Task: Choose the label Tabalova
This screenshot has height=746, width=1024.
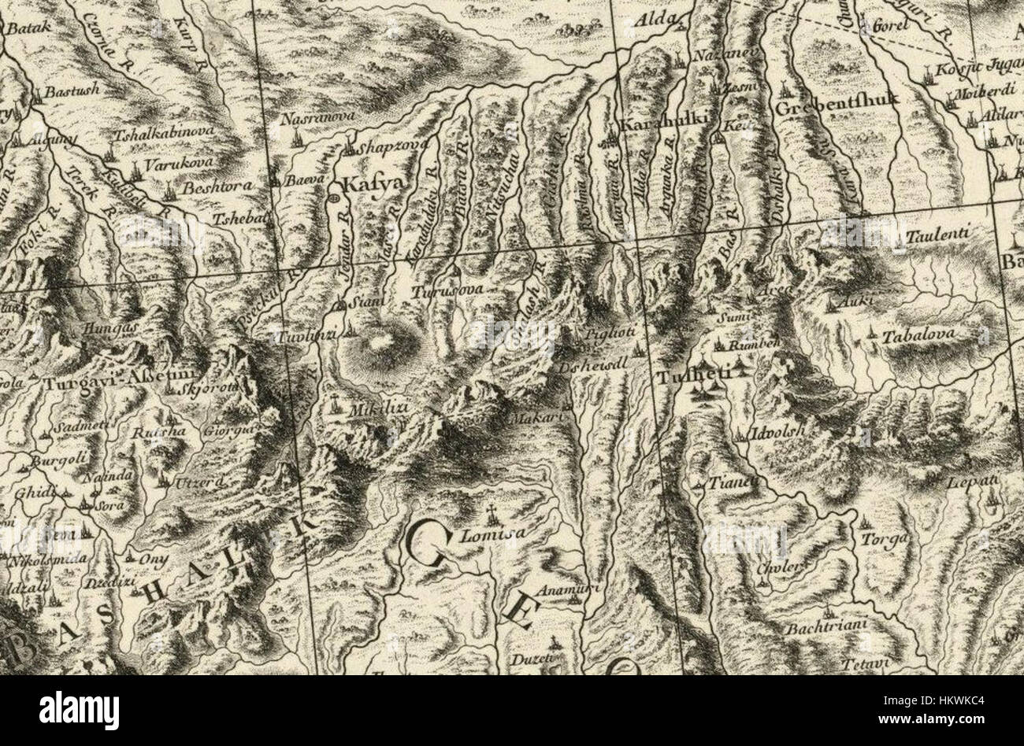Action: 919,334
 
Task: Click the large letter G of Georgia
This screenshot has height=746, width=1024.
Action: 432,544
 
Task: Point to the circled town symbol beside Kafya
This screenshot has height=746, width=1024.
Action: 333,198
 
